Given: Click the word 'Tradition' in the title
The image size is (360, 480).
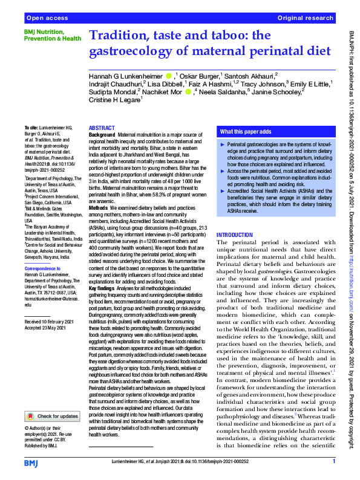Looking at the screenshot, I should pyautogui.click(x=125, y=37).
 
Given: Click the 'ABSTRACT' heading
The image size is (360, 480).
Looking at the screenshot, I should pyautogui.click(x=102, y=128).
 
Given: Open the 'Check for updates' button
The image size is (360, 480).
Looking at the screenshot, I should pyautogui.click(x=52, y=400).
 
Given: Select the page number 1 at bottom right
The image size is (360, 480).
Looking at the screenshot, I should pyautogui.click(x=333, y=462).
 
